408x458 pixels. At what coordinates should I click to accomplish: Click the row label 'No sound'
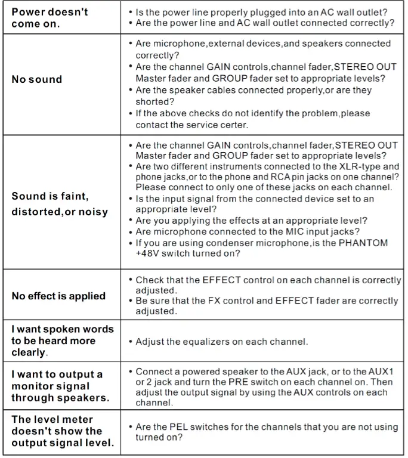pyautogui.click(x=37, y=79)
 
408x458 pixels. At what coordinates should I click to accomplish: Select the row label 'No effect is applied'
pyautogui.click(x=58, y=295)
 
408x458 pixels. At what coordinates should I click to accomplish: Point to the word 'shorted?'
pyautogui.click(x=153, y=101)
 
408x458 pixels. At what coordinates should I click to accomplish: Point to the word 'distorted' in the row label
pyautogui.click(x=34, y=211)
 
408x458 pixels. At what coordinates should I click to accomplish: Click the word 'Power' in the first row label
pyautogui.click(x=29, y=12)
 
